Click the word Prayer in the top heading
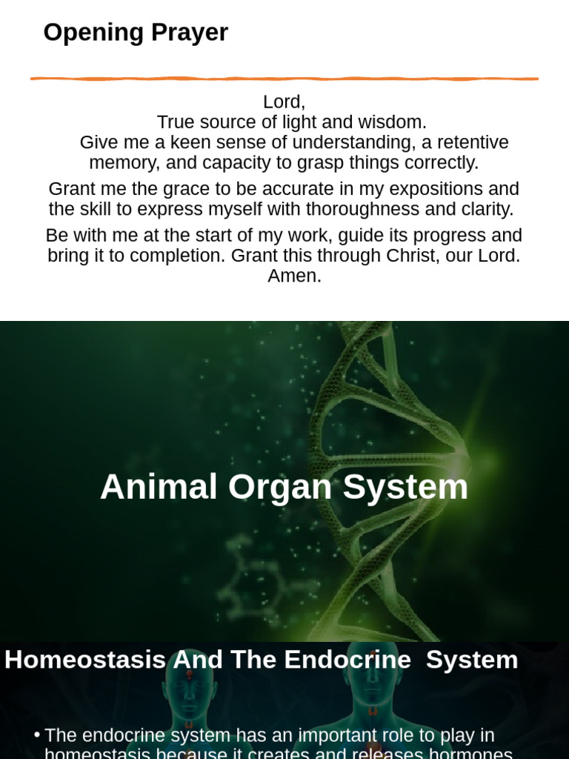point(189,33)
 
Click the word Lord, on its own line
point(284,102)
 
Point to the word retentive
point(472,142)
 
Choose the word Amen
point(294,276)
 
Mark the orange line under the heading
point(284,79)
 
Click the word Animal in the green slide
point(159,488)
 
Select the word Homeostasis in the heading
point(85,660)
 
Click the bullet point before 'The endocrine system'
point(36,735)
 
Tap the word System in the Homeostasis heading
point(472,660)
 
